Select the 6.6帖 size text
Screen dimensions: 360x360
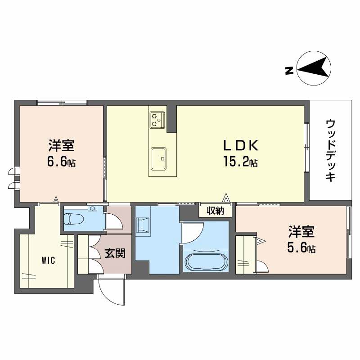(x=62, y=162)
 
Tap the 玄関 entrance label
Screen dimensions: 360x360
(x=115, y=254)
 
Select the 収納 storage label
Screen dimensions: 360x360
(x=215, y=211)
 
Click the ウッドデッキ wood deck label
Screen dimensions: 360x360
(x=331, y=150)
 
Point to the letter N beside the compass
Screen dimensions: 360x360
(x=289, y=70)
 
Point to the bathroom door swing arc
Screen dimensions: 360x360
(x=193, y=232)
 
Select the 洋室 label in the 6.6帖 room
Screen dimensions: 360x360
(x=62, y=146)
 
